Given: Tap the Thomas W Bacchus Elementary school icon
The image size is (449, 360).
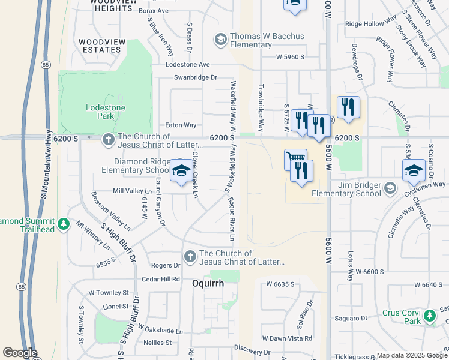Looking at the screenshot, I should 220,40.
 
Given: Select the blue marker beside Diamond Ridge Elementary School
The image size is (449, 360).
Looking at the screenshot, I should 181,172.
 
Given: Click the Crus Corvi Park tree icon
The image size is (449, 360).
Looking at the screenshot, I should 429,316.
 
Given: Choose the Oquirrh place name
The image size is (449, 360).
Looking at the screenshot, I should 208,283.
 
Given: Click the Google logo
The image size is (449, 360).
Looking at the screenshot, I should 20,353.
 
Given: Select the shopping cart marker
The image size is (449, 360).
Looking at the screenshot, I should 294,159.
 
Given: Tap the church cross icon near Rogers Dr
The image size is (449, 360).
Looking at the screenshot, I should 190,257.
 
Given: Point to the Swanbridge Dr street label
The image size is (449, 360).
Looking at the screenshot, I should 195,77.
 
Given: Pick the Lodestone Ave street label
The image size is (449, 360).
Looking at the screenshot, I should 188,64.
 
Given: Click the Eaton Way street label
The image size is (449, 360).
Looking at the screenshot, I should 181,125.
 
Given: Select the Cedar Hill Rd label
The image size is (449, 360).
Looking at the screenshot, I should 161,279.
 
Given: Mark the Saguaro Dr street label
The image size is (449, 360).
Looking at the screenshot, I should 355,318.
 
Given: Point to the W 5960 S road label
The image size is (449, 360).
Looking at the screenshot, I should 291,57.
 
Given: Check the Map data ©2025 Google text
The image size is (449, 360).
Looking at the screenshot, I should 412,355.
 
